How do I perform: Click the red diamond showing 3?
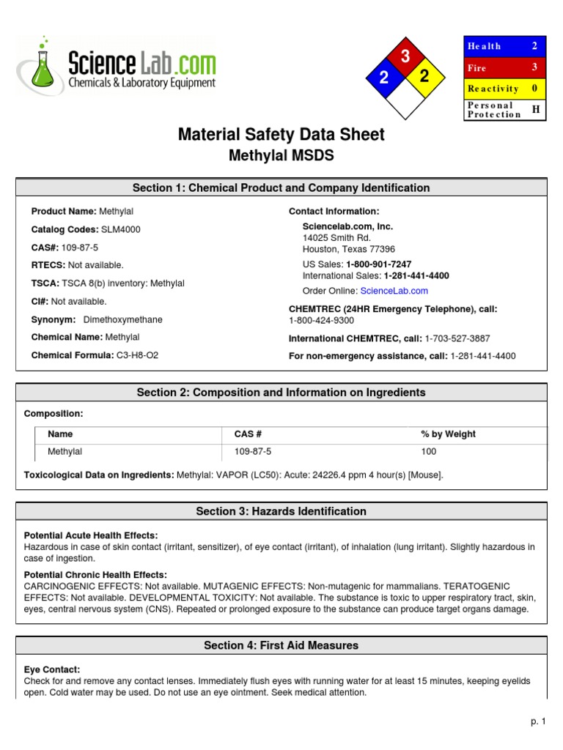(404, 56)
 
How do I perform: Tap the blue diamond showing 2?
(383, 78)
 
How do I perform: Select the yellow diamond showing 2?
(424, 77)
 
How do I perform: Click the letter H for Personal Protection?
(535, 109)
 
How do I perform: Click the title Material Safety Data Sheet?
(281, 135)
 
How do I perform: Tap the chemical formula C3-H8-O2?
(137, 355)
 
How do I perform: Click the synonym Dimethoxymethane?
(123, 319)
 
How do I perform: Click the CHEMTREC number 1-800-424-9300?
(321, 320)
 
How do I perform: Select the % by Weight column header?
(448, 434)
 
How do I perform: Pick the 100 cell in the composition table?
(428, 451)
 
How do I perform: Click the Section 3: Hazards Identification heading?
(281, 511)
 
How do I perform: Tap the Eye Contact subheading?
(52, 669)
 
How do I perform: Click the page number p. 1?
(538, 721)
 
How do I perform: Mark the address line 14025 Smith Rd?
(336, 238)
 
